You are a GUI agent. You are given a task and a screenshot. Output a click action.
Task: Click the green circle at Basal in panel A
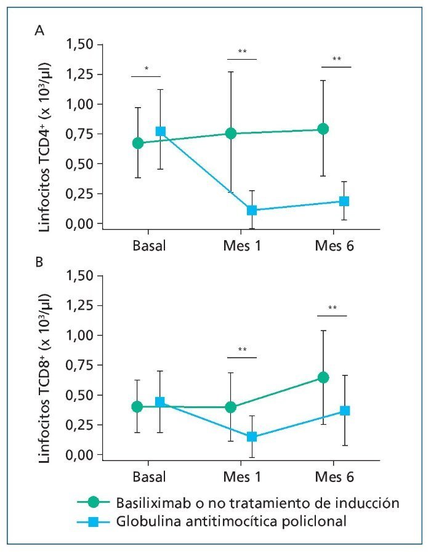138,143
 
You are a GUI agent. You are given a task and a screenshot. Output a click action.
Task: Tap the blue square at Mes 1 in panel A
252,210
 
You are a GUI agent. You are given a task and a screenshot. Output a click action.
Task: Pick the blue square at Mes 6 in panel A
344,201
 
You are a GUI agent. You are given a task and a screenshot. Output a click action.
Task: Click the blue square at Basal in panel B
160,402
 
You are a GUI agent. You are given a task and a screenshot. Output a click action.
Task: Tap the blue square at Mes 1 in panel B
252,436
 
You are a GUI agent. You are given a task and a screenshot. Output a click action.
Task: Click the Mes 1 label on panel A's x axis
241,246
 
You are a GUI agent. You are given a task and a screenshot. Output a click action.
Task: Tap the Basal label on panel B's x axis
149,477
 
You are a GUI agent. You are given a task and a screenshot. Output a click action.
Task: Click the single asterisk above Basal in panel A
146,68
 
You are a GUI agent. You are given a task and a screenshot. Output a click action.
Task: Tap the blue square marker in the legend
94,523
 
